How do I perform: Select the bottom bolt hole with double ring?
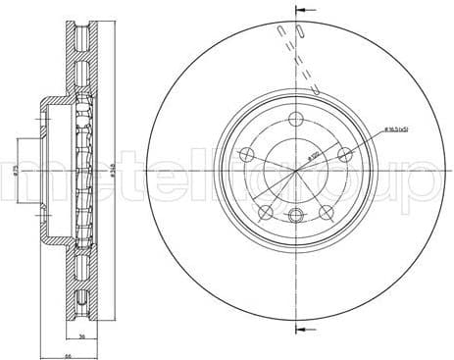click(x=295, y=214)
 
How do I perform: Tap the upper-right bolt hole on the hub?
click(x=344, y=151)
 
